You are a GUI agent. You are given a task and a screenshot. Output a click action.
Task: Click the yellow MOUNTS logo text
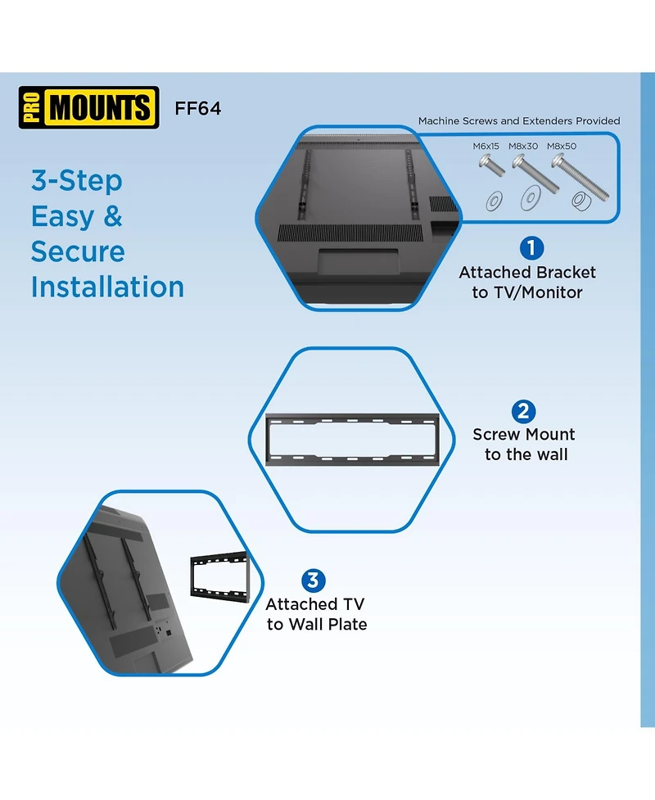click(100, 107)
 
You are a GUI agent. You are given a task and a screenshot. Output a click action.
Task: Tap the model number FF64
click(198, 108)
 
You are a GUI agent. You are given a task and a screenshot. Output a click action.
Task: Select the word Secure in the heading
click(78, 251)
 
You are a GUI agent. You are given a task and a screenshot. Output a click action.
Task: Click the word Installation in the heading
click(107, 287)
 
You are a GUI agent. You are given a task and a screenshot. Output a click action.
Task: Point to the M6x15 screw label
click(486, 146)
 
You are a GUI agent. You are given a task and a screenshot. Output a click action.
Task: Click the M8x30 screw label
click(523, 146)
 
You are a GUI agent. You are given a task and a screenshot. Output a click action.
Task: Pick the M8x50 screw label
click(562, 146)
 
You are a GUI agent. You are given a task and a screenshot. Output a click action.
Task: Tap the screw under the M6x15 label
click(492, 165)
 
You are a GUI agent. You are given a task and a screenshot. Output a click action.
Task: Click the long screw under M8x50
click(580, 177)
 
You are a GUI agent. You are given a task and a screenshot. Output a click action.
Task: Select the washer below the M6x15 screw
click(494, 201)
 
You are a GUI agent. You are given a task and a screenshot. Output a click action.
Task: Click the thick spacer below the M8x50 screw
click(581, 201)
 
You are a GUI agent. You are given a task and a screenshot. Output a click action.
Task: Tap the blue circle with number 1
click(531, 248)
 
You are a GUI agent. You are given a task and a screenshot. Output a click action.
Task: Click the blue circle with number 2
click(523, 411)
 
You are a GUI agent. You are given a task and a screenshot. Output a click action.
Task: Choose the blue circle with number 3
click(314, 581)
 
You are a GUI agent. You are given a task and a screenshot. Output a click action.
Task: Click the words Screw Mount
click(524, 434)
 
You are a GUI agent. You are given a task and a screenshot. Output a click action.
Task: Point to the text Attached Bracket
click(527, 273)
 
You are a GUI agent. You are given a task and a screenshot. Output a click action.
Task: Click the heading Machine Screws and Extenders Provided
click(519, 121)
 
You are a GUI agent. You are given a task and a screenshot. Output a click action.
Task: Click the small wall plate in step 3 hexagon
click(220, 576)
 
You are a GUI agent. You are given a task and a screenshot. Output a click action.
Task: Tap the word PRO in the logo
click(32, 107)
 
